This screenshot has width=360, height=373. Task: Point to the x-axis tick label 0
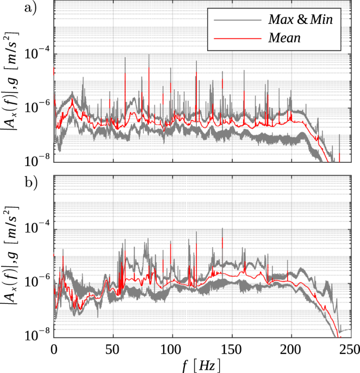point(54,348)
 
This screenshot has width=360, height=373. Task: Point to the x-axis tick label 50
point(113,348)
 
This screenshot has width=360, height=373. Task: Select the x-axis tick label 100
point(172,348)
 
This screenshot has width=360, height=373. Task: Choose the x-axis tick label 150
point(232,348)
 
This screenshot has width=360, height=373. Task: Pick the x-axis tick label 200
point(291,348)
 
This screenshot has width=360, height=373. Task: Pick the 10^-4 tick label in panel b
point(36,228)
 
